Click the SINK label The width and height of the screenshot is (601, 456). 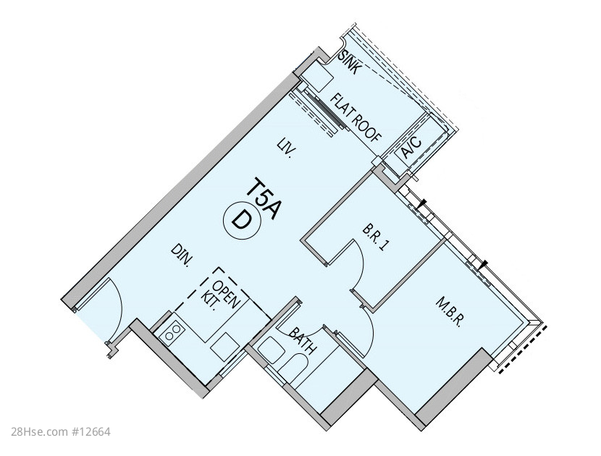tap(350, 62)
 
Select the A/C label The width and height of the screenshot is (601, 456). tap(412, 148)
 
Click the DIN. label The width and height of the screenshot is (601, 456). tap(182, 256)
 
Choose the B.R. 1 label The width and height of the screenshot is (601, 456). tap(374, 238)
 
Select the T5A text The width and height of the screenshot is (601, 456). tap(264, 198)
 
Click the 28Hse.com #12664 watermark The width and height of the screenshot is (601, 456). tap(62, 432)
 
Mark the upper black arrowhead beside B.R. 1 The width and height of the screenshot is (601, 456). tap(422, 203)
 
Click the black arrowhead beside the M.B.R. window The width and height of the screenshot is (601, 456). tap(484, 264)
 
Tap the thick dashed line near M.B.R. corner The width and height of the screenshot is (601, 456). tap(521, 349)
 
